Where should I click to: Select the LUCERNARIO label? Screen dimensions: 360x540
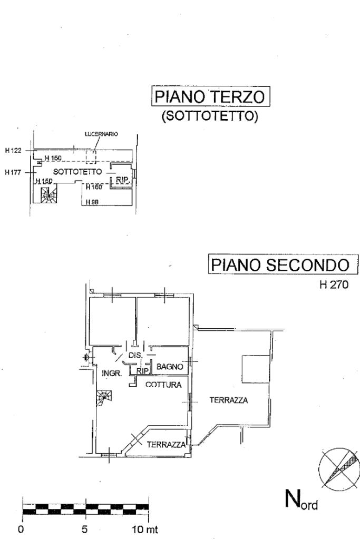point(101,134)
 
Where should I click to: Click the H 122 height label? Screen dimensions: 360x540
point(13,151)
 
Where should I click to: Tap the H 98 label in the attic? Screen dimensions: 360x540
point(93,201)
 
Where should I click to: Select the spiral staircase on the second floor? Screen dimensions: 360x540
point(104,398)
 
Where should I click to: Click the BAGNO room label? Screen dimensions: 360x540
point(170,366)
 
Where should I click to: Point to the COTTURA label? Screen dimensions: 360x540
point(163,385)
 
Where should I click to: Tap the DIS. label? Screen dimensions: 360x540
point(135,356)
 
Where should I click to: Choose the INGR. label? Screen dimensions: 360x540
point(112,373)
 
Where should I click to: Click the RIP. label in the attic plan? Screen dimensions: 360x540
point(122,180)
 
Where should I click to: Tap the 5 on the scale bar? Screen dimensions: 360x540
point(85,528)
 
